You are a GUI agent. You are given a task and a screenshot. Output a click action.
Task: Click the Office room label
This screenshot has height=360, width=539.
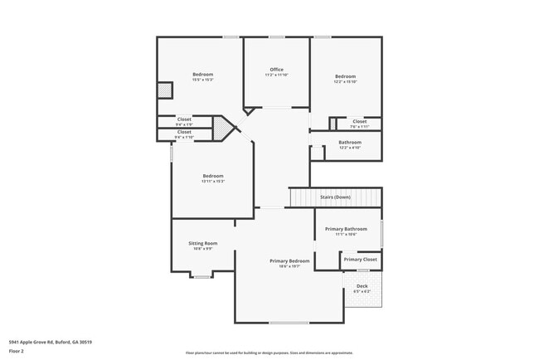[x=276, y=70]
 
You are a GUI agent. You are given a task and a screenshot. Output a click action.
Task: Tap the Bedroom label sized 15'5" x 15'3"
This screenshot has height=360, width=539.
[x=203, y=75]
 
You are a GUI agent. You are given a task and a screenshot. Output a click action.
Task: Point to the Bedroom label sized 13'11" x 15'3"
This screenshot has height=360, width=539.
[x=213, y=176]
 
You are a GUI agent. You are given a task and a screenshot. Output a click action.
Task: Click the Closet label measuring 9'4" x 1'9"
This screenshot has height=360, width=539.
[x=184, y=119]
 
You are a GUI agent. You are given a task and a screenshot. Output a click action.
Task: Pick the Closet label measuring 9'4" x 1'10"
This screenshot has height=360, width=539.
[x=184, y=132]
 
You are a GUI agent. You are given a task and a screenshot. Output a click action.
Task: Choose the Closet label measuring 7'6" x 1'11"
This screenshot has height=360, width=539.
[x=358, y=122]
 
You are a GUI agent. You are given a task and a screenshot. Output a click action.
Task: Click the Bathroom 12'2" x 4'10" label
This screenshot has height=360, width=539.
[x=349, y=143]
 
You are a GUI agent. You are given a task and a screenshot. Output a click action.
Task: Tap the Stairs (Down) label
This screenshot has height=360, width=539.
[x=336, y=197]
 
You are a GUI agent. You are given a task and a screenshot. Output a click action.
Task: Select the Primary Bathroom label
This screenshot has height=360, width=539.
[x=346, y=229]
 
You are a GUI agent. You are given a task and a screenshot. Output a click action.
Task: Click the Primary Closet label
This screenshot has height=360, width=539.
[x=361, y=260]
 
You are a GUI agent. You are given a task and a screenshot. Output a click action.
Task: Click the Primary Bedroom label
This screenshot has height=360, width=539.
[x=289, y=261]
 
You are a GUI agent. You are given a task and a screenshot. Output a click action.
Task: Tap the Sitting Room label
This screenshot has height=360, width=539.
[x=203, y=244]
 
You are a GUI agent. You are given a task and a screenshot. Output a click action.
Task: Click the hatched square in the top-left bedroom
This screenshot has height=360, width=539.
[x=165, y=90]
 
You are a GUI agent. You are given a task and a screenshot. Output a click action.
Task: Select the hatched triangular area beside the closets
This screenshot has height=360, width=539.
[x=221, y=129]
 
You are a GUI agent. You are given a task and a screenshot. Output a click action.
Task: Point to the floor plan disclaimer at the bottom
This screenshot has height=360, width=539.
[x=269, y=353]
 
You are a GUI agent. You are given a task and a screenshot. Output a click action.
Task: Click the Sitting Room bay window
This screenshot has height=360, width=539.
[x=202, y=275]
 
